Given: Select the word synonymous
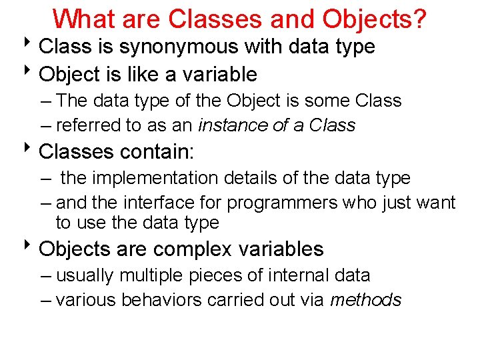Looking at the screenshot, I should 183,47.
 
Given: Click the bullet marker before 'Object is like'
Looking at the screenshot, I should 31,73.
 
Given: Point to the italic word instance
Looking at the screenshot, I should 231,125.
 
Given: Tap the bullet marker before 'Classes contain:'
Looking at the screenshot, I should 31,151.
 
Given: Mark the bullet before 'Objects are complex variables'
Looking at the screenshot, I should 31,248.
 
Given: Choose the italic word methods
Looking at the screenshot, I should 366,300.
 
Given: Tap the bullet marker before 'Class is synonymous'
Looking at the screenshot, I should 31,46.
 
